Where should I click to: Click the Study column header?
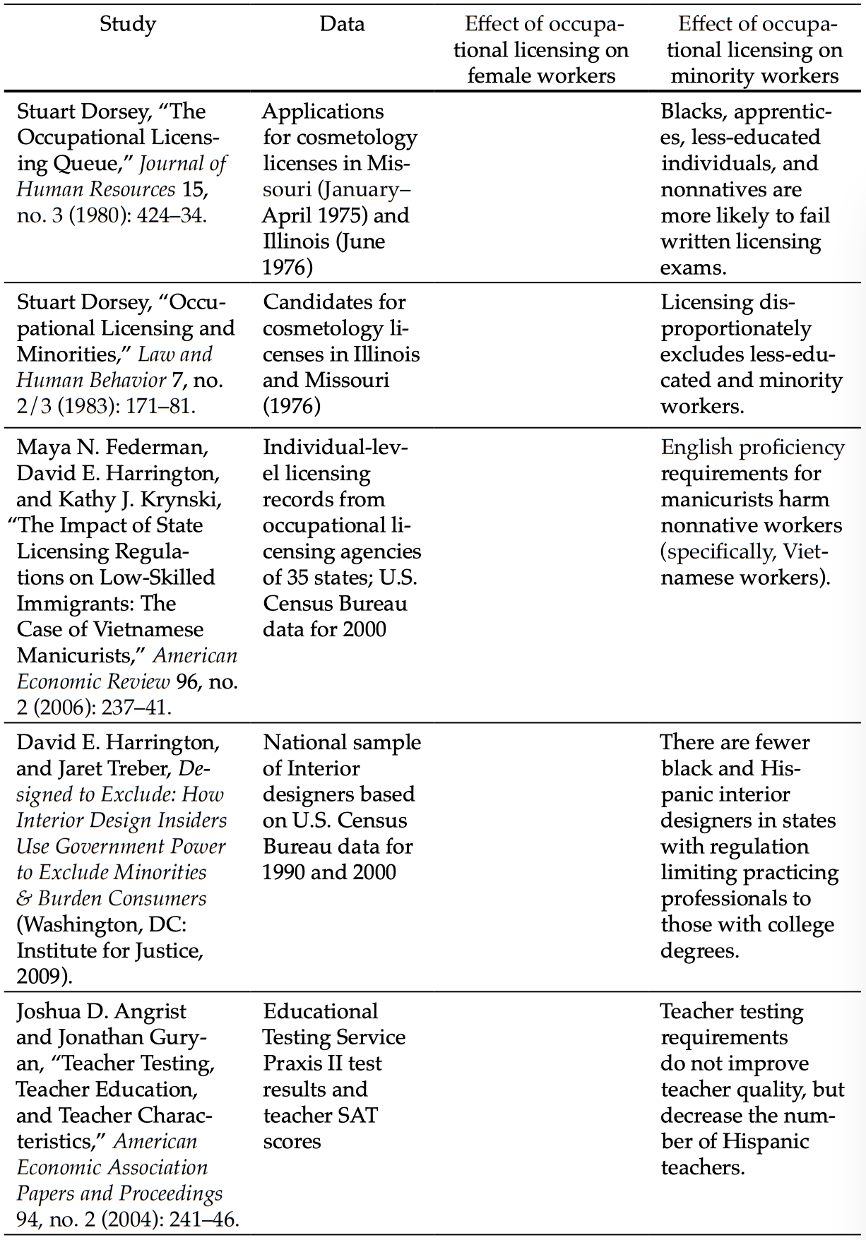pos(127,24)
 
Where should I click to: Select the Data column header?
pos(342,24)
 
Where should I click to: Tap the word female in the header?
pos(502,76)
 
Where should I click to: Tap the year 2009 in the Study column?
pos(40,977)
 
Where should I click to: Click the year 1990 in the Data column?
pos(283,872)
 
